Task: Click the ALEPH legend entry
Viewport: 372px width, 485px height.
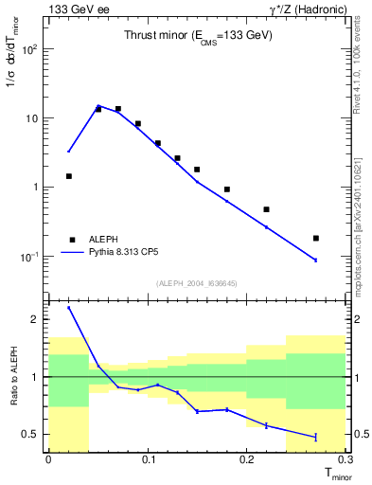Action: click(x=105, y=240)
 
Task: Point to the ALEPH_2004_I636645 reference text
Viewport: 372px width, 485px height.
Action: click(x=197, y=282)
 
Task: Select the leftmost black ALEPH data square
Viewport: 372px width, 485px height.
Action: click(x=68, y=176)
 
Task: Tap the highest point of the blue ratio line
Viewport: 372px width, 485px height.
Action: click(x=68, y=307)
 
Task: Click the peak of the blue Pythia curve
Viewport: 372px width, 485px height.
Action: click(x=98, y=106)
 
